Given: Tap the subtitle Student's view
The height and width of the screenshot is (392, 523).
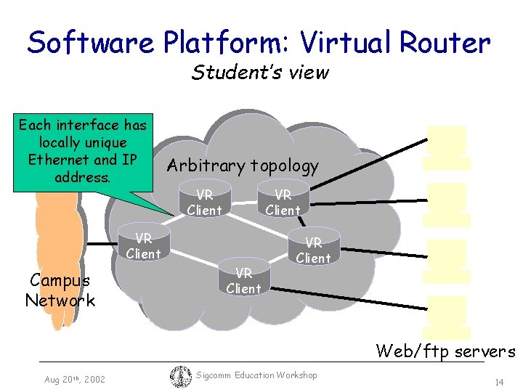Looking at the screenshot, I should pos(260,73).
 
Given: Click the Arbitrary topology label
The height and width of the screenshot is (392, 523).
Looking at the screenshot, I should pos(243,166).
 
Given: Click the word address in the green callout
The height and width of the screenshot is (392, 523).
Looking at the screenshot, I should pos(81,176).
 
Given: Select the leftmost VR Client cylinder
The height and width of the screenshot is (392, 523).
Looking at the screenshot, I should pos(143,245).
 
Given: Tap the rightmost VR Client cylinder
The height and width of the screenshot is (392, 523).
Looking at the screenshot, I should pos(313,249).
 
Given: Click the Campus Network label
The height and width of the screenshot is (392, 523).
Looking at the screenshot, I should pos(60,290).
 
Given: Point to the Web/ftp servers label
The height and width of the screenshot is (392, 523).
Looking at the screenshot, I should pos(445,352).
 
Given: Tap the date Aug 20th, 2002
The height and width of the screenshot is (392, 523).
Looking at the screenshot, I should pos(75,380).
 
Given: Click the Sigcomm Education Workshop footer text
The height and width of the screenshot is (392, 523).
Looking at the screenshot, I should pos(256,375).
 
